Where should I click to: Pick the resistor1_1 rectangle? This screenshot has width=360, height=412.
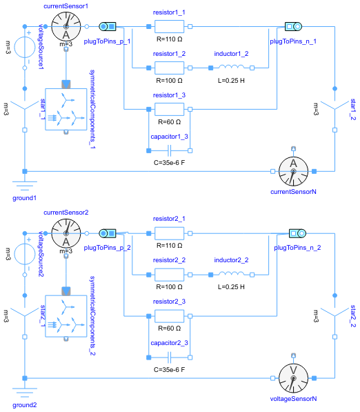170,27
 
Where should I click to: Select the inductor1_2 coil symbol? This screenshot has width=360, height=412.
232,68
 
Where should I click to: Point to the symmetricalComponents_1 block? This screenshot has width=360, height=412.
65,108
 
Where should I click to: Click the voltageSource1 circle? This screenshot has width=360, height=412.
24,48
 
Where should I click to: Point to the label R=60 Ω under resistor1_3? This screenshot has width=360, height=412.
170,121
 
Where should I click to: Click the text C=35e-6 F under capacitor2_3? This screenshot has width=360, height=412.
170,370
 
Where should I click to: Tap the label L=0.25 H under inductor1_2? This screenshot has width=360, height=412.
232,81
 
